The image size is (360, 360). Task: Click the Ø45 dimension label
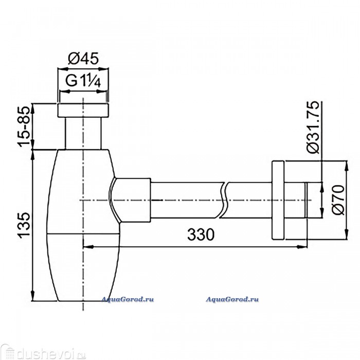[83, 58]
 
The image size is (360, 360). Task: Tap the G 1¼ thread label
[83, 81]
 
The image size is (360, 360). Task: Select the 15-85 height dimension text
[24, 127]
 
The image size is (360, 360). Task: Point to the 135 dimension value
[24, 225]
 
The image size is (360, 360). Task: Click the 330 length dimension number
[201, 235]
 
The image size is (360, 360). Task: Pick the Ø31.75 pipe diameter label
[313, 127]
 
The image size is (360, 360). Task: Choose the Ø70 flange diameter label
[338, 200]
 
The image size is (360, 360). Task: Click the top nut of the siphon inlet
[83, 111]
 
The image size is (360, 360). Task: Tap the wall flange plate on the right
[278, 200]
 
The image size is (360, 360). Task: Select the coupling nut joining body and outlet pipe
[131, 200]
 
